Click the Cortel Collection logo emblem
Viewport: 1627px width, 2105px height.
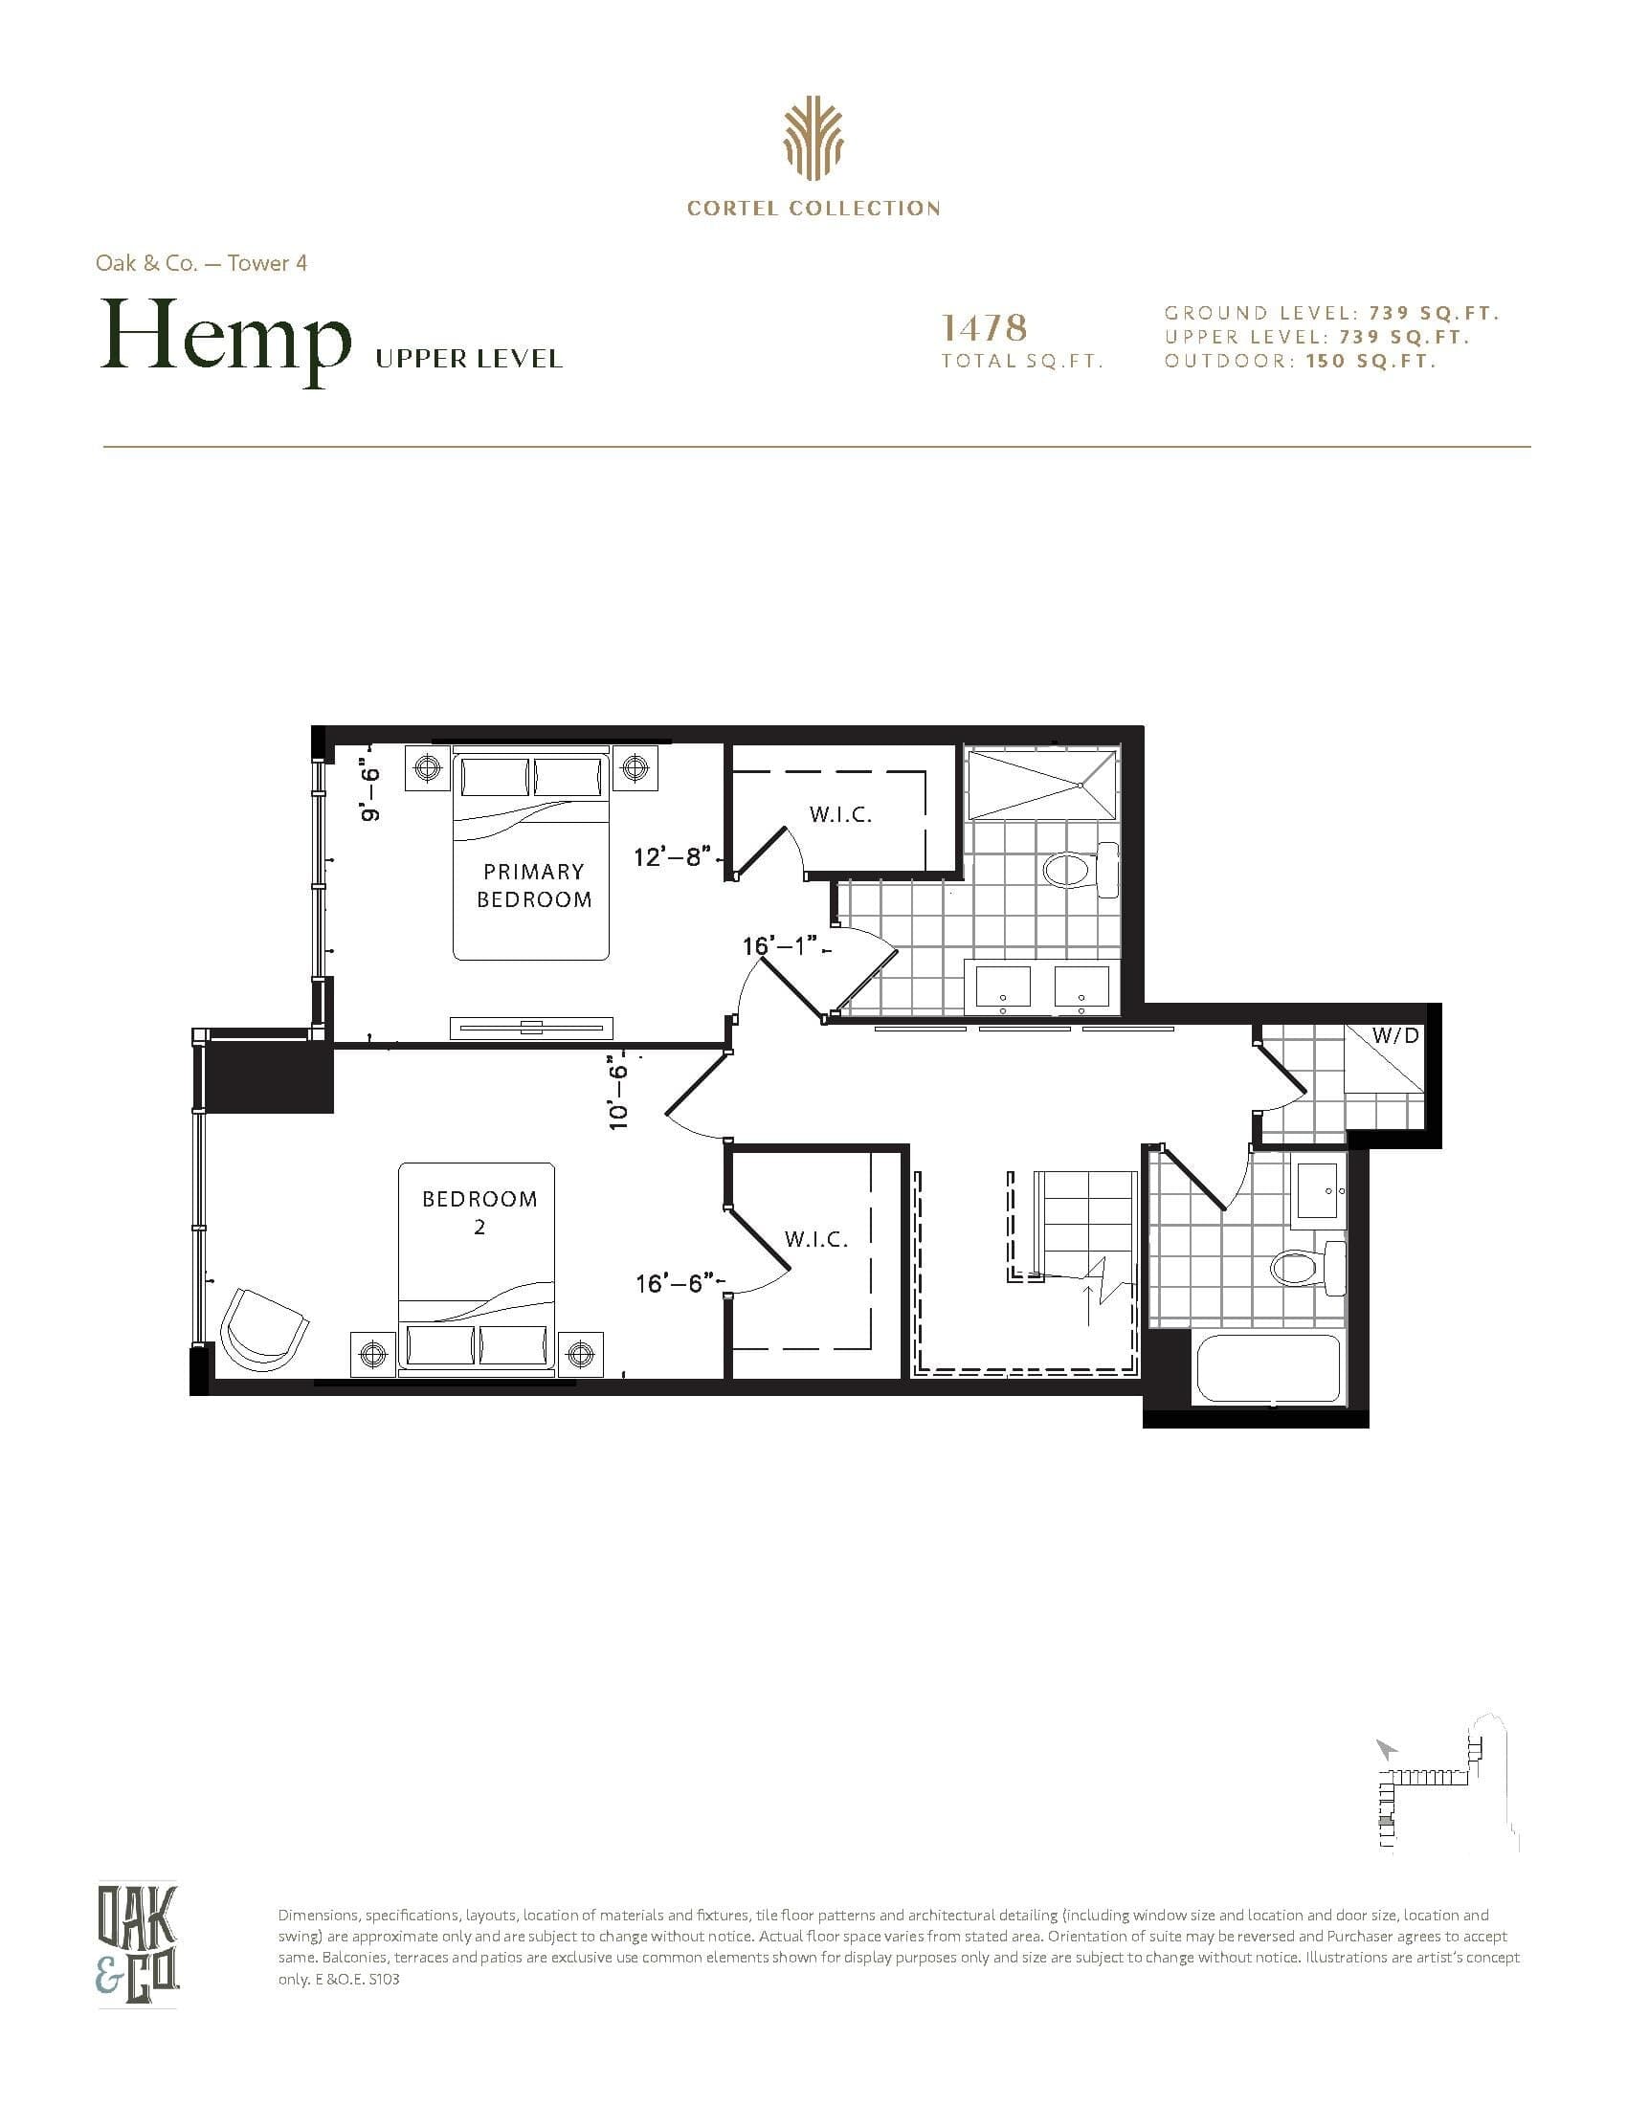tap(813, 144)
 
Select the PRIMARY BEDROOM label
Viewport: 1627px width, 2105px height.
tap(534, 885)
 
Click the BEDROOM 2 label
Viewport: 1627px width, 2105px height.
tap(479, 1211)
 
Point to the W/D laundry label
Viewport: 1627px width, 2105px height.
tap(1394, 1036)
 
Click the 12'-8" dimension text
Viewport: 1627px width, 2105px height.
tap(672, 856)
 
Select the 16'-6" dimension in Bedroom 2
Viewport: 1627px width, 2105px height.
tap(674, 1283)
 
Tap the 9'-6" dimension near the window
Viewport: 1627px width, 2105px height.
tap(370, 793)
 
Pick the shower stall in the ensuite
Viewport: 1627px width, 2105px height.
tap(1041, 784)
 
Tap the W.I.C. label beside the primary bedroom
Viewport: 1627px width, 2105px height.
tap(839, 814)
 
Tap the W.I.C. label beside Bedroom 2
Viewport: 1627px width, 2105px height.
tap(815, 1239)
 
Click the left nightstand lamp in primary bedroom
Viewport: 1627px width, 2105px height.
tap(426, 767)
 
